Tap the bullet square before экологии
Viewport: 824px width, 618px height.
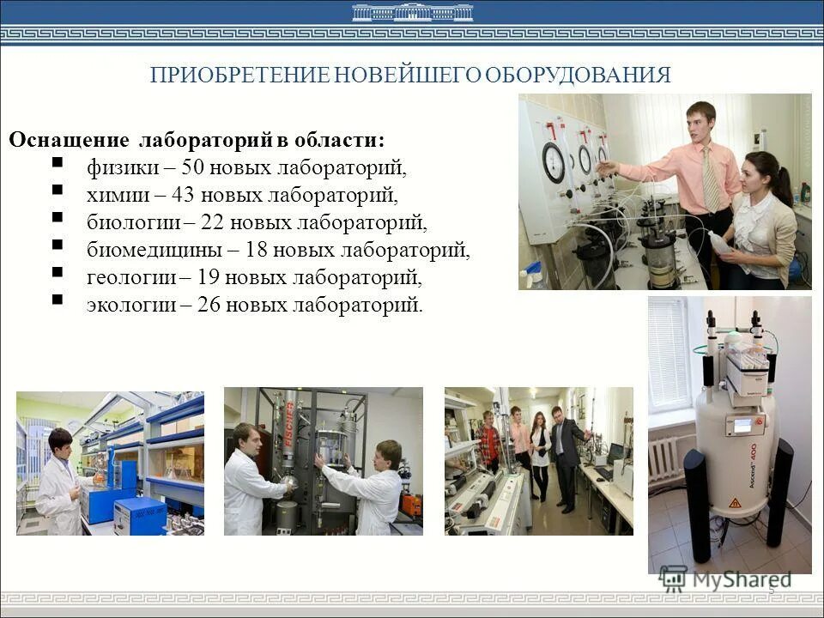click(57, 300)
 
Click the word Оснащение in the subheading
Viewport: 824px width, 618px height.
click(70, 140)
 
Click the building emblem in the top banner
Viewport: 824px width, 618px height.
click(412, 12)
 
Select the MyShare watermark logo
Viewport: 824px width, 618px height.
click(726, 579)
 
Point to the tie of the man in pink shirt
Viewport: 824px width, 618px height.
click(710, 179)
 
